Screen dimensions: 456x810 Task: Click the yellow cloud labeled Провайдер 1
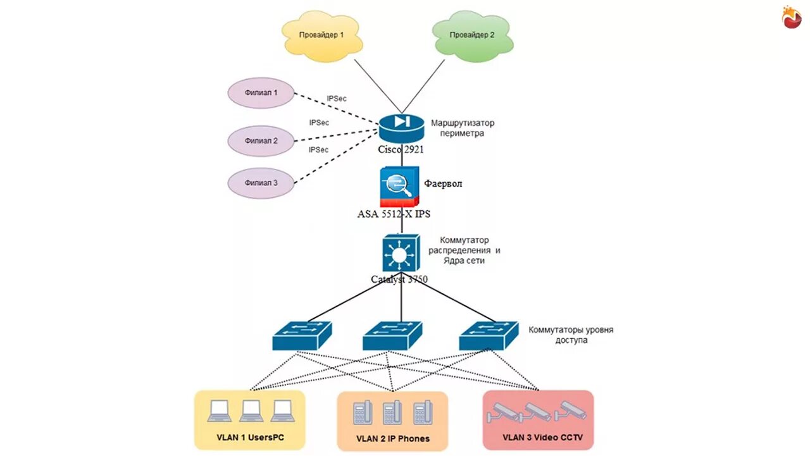(x=321, y=37)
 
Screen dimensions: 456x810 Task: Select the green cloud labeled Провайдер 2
(x=472, y=37)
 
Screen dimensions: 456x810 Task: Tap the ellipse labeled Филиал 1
(x=261, y=93)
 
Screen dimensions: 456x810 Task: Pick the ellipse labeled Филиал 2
(x=261, y=140)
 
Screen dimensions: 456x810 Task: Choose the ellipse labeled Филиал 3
(x=261, y=183)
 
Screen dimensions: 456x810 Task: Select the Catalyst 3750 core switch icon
(x=400, y=253)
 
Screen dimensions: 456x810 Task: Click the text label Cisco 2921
(x=401, y=150)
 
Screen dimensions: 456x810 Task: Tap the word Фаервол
(x=443, y=183)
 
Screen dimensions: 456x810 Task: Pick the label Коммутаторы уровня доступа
(x=571, y=335)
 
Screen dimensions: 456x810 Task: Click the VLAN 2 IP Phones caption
(x=392, y=438)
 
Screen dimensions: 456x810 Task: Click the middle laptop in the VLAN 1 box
(x=251, y=411)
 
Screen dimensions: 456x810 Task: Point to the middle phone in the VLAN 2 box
(x=392, y=413)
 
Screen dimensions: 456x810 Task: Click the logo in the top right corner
(x=791, y=16)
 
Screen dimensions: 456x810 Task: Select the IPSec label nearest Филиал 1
(x=337, y=99)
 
